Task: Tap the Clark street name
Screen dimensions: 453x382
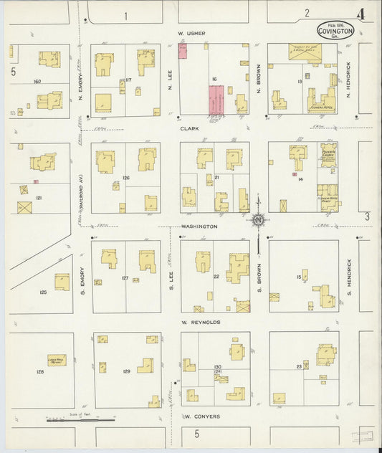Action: tap(190, 130)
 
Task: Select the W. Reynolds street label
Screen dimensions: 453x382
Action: tap(201, 323)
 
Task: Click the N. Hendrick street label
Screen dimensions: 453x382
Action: tap(348, 80)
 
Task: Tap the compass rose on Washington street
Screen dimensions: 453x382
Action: tap(257, 219)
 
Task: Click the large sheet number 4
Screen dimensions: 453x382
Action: tap(360, 14)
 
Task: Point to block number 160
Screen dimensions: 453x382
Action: tap(37, 82)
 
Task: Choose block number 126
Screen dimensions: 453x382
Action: tap(125, 177)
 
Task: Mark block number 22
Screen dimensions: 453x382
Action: tap(215, 276)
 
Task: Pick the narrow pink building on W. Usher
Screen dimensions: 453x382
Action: tap(183, 50)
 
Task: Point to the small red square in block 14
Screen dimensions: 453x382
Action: tap(295, 174)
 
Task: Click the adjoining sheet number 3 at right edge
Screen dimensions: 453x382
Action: tap(366, 216)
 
